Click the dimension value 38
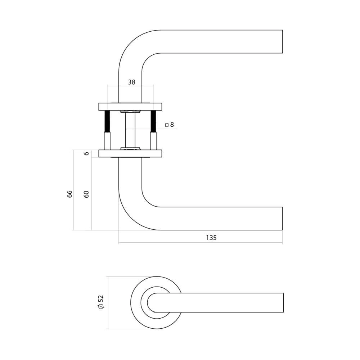[x=132, y=82]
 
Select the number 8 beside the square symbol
[x=172, y=125]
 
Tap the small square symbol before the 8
[x=166, y=125]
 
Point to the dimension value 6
[x=86, y=153]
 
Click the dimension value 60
[x=86, y=194]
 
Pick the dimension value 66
[x=69, y=194]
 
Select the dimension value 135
[x=211, y=238]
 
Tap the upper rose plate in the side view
[x=130, y=107]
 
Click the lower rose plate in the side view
[x=130, y=154]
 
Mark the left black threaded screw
[x=107, y=121]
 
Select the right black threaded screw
[x=153, y=121]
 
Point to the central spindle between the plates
[x=130, y=130]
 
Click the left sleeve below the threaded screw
[x=107, y=141]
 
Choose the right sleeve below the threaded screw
[x=153, y=141]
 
